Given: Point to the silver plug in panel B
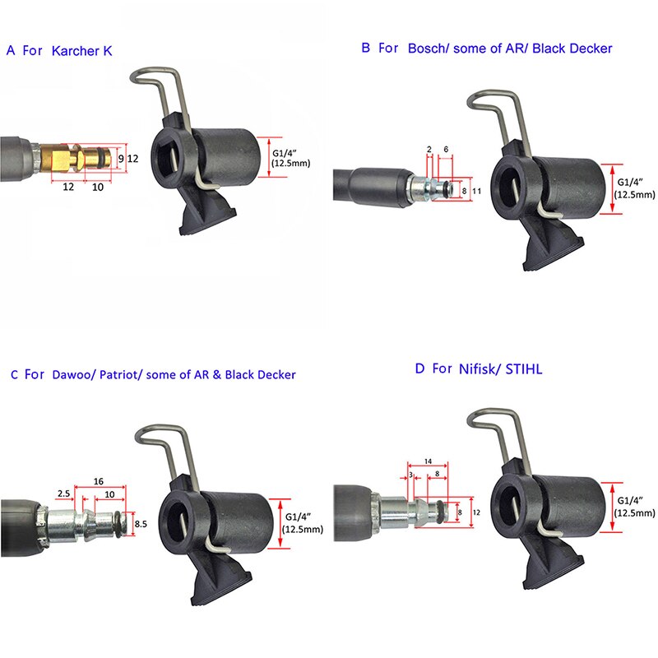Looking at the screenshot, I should [x=428, y=188].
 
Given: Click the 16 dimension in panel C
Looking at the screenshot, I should [x=99, y=480].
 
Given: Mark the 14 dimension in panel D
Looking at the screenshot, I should [x=428, y=462].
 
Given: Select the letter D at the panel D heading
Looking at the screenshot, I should [x=419, y=369].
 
